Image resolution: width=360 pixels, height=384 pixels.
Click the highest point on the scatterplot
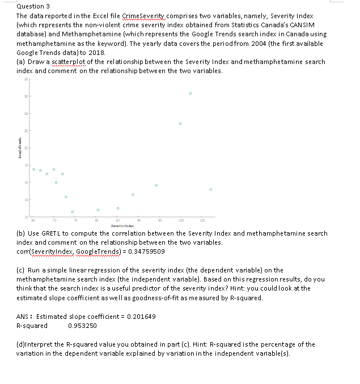pos(190,93)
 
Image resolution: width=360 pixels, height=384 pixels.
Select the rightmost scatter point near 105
pos(210,190)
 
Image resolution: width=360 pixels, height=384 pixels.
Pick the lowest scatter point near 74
pos(73,212)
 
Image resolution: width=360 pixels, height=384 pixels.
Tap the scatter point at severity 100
pos(180,123)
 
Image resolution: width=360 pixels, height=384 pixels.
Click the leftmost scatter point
pos(33,169)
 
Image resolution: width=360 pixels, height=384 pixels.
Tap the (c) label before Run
pos(21,270)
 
